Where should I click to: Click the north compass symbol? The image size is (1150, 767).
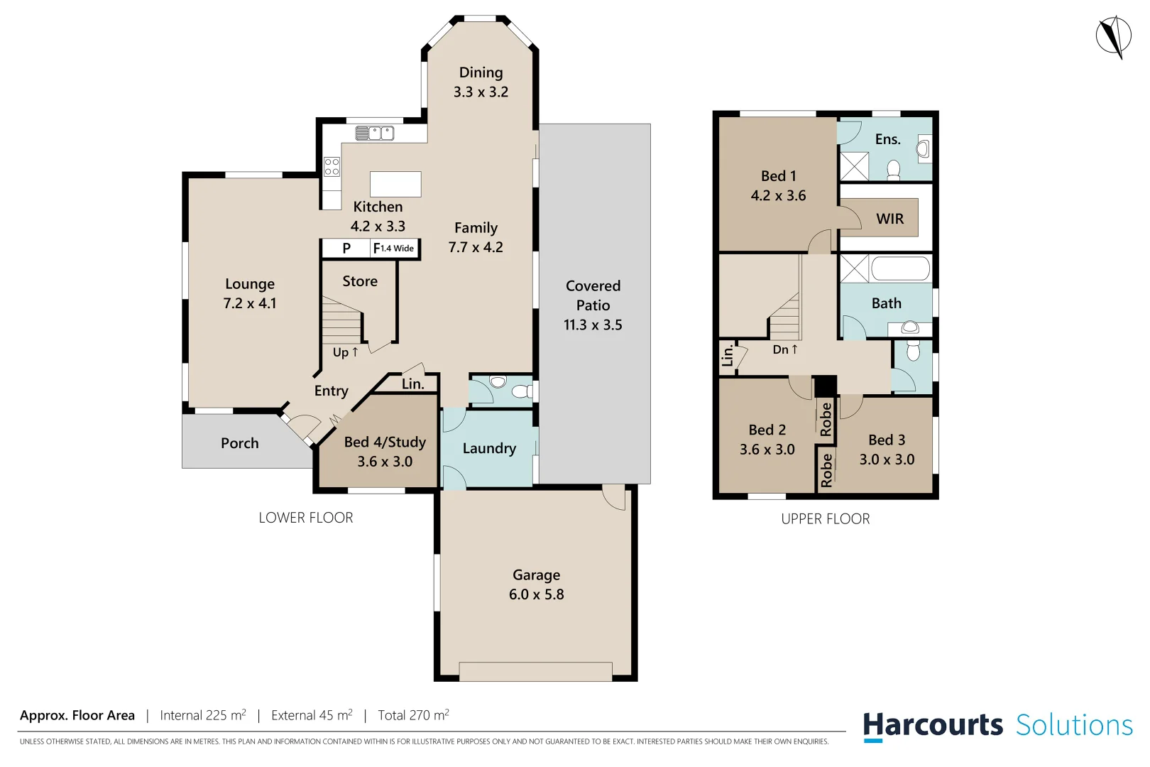coord(1113,36)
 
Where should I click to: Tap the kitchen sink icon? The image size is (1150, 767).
coord(374,133)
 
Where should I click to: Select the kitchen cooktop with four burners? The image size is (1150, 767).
coord(332,167)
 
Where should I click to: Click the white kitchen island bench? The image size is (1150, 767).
coord(395,184)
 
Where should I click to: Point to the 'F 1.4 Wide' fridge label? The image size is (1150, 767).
coord(394,249)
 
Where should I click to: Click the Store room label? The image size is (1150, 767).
coord(360,281)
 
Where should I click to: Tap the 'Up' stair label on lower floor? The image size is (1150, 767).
coord(345,352)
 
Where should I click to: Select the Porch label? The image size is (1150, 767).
coord(239,443)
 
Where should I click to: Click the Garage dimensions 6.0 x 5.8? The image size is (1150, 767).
coord(536,594)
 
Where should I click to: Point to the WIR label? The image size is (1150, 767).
coord(889,219)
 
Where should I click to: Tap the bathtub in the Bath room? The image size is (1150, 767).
coord(900,269)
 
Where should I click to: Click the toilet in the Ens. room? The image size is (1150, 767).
coord(894,169)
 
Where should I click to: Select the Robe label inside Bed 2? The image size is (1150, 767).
coord(826,419)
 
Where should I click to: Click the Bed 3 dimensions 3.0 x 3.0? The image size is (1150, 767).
coord(887,459)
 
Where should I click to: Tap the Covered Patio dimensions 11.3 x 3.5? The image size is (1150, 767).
coord(593,325)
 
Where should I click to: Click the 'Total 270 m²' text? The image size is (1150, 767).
coord(413,715)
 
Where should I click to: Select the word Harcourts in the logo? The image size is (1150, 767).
coord(932,725)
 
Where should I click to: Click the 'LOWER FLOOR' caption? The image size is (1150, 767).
coord(305,518)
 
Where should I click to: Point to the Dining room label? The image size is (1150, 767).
coord(481,72)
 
